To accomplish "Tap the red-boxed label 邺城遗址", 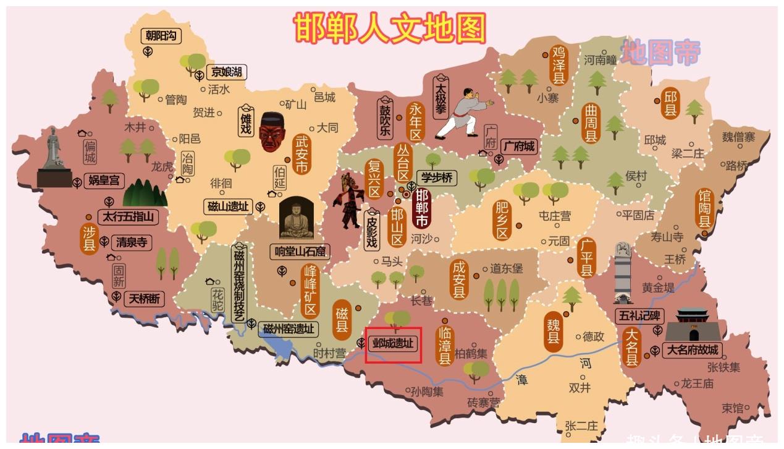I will (393, 344).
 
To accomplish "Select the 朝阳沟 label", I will (161, 36).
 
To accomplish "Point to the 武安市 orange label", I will (302, 155).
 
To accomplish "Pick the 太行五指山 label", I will (128, 217).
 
